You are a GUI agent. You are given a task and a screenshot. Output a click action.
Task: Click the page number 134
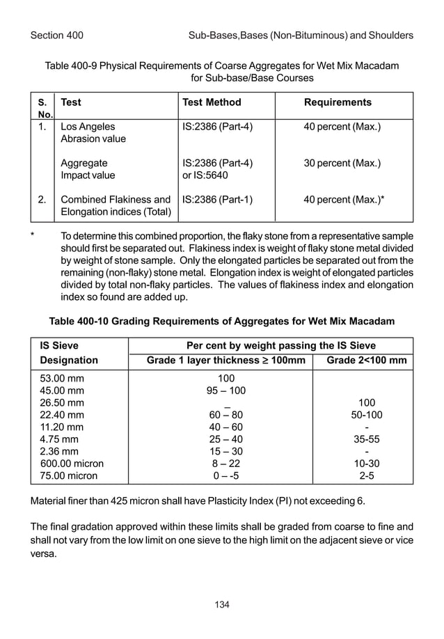(x=222, y=603)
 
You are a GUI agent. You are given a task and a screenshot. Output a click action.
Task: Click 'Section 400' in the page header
(x=57, y=35)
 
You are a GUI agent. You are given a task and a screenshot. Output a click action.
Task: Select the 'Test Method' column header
(x=212, y=102)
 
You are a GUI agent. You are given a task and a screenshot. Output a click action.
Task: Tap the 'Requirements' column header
(x=338, y=102)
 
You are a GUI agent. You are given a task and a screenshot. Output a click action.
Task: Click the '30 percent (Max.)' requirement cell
(x=342, y=164)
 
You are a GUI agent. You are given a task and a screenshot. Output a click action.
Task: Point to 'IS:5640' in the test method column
(x=200, y=176)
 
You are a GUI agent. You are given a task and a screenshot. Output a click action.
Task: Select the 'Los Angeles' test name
(x=88, y=127)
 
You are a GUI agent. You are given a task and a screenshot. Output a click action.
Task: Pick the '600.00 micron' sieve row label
(x=72, y=464)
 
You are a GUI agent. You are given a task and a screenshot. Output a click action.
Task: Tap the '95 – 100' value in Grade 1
(x=225, y=390)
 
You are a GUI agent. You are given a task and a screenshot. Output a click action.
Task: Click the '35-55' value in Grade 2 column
(x=366, y=440)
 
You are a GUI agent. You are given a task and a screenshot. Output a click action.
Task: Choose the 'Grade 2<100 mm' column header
(x=366, y=361)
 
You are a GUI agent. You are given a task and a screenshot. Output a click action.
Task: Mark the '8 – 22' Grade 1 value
(x=225, y=464)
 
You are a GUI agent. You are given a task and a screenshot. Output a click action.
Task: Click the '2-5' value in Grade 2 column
(x=366, y=476)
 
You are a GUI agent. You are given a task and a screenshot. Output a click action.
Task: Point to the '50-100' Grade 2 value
(x=366, y=416)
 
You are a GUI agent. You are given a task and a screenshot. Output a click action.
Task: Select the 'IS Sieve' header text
(x=59, y=345)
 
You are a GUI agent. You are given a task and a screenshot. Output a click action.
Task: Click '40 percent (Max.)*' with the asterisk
(x=344, y=199)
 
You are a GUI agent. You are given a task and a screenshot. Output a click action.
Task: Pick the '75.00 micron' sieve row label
(x=68, y=476)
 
